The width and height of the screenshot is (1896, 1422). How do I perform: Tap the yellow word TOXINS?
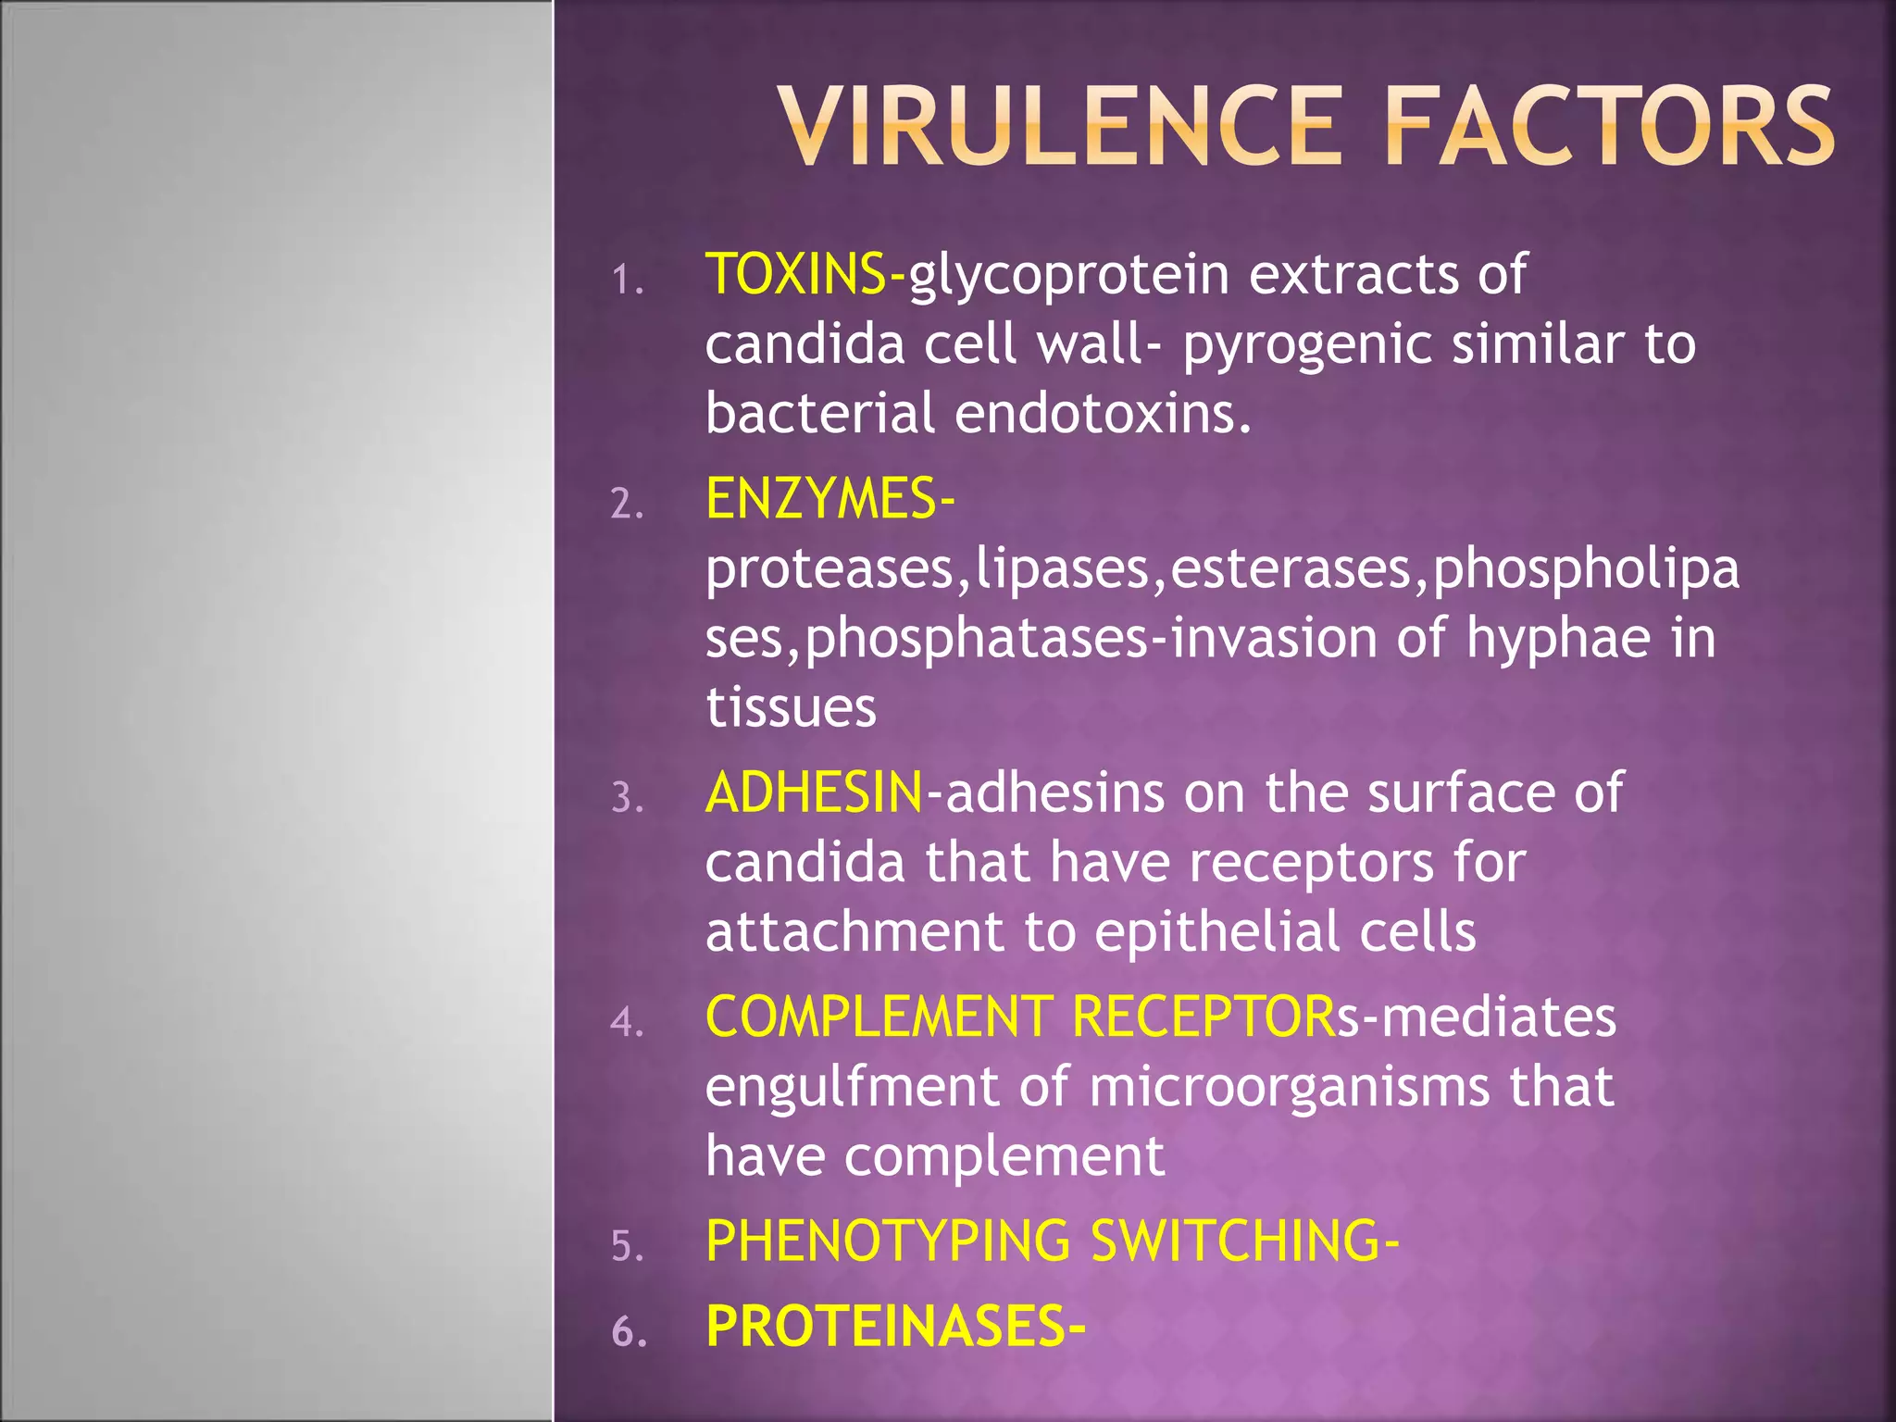tap(794, 275)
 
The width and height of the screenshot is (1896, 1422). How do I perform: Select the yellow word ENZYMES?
tap(820, 499)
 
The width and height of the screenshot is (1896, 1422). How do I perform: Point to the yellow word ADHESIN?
tap(814, 793)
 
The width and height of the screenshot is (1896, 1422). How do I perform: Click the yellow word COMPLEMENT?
tap(879, 1017)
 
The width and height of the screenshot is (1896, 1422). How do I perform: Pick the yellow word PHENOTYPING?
tap(887, 1241)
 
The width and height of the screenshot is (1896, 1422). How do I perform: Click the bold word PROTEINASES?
tap(885, 1327)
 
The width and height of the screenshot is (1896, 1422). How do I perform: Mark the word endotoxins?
tap(1102, 414)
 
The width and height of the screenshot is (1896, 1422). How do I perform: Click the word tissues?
tap(791, 708)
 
